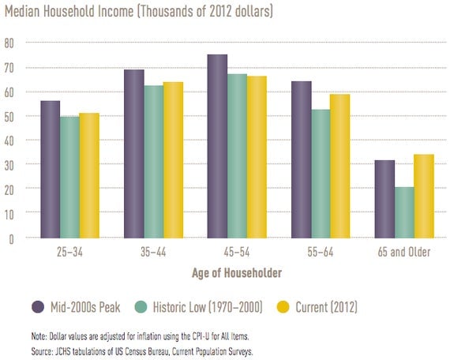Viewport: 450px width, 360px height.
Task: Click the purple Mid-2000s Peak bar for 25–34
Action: [x=51, y=170]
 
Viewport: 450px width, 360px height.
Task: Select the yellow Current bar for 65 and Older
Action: [x=424, y=197]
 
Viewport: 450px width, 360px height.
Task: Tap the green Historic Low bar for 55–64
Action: [x=321, y=174]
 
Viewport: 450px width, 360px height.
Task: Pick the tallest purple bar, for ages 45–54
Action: [x=217, y=146]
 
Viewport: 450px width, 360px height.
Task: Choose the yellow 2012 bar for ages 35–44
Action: [x=173, y=160]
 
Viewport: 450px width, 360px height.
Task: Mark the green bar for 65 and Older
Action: [x=404, y=212]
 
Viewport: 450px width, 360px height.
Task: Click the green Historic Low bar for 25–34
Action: [x=69, y=178]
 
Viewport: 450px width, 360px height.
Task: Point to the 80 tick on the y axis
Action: [x=9, y=43]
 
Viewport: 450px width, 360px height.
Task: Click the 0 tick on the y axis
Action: [x=11, y=239]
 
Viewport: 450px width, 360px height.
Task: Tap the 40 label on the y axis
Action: [x=9, y=141]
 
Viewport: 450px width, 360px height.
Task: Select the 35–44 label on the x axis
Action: [x=153, y=252]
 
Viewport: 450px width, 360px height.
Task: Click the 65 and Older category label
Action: [x=404, y=252]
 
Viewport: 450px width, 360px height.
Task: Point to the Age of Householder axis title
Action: [x=237, y=272]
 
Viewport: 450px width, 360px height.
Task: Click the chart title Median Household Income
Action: [x=69, y=12]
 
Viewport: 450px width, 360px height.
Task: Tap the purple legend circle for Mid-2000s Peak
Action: [x=38, y=307]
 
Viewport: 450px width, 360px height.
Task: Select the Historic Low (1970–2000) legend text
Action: [x=208, y=307]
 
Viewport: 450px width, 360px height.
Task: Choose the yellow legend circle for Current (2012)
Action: [x=283, y=307]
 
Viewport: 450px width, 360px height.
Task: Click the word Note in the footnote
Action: [x=39, y=336]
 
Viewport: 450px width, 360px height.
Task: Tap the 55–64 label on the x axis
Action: [x=321, y=252]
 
